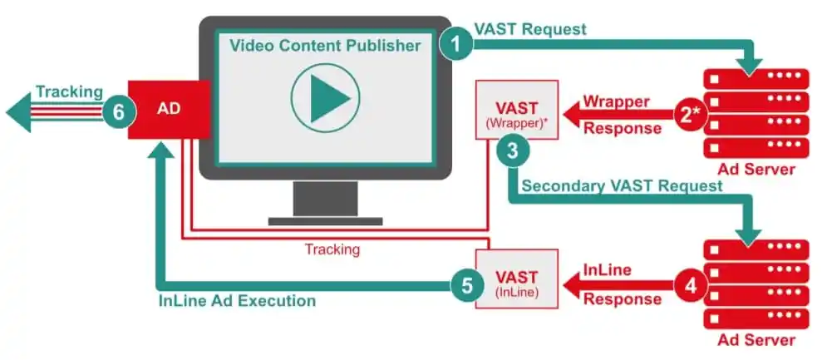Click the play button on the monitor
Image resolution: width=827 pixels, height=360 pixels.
tap(326, 97)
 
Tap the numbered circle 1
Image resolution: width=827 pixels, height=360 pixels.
tap(456, 44)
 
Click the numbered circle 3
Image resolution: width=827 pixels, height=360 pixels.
tap(513, 151)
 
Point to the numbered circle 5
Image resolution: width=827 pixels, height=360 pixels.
tap(467, 285)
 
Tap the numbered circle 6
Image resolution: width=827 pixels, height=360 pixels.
tap(119, 112)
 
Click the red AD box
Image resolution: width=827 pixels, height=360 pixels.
tap(169, 109)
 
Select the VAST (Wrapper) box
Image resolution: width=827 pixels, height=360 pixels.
tap(517, 110)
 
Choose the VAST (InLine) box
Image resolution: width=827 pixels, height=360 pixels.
tap(517, 279)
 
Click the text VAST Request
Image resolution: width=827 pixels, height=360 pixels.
tap(530, 30)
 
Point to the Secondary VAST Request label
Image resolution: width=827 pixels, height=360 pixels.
tap(622, 185)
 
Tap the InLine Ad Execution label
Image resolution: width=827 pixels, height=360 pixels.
tap(238, 301)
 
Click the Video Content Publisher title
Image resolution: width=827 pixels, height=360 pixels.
tap(326, 46)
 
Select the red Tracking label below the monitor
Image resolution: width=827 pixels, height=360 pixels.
tap(332, 249)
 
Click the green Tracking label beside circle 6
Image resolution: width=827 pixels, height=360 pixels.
tap(69, 91)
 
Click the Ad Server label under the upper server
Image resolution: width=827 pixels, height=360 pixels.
tap(756, 170)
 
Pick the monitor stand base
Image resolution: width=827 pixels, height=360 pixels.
tap(326, 221)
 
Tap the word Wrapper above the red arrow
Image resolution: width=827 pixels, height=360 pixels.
tap(617, 101)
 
